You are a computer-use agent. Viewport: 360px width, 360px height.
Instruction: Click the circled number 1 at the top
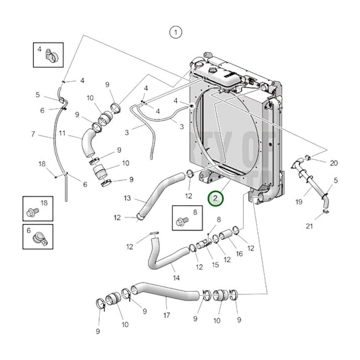pos(176,32)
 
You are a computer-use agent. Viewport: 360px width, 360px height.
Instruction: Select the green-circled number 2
pos(215,199)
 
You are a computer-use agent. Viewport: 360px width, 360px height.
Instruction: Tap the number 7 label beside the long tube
pos(32,134)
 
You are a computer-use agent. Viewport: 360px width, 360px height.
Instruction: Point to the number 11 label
pos(61,134)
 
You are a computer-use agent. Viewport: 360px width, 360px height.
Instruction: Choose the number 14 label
pos(176,277)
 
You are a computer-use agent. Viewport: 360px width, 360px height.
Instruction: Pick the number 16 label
pos(238,254)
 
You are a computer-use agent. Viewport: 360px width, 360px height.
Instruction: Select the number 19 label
pos(299,201)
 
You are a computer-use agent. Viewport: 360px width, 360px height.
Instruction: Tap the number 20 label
pos(334,163)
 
